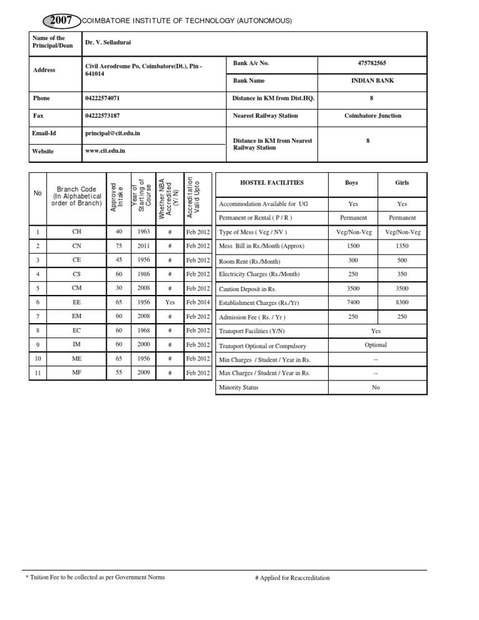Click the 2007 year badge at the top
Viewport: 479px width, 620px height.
point(62,21)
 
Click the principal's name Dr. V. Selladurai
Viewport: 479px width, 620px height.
point(109,42)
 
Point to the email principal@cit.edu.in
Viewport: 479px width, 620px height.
point(112,133)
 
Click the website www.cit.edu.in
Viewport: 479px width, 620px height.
point(105,150)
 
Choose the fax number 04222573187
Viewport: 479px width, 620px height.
point(102,115)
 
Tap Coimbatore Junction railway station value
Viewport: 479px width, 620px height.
point(373,115)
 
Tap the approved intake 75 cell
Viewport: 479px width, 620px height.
point(119,245)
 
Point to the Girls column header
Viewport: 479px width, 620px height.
point(402,183)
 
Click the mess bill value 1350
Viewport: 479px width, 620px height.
point(402,246)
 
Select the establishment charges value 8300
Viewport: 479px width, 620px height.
point(402,302)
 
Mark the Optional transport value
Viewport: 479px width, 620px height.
point(375,344)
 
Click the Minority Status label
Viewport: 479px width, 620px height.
point(238,387)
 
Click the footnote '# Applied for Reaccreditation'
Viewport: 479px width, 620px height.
point(293,578)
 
